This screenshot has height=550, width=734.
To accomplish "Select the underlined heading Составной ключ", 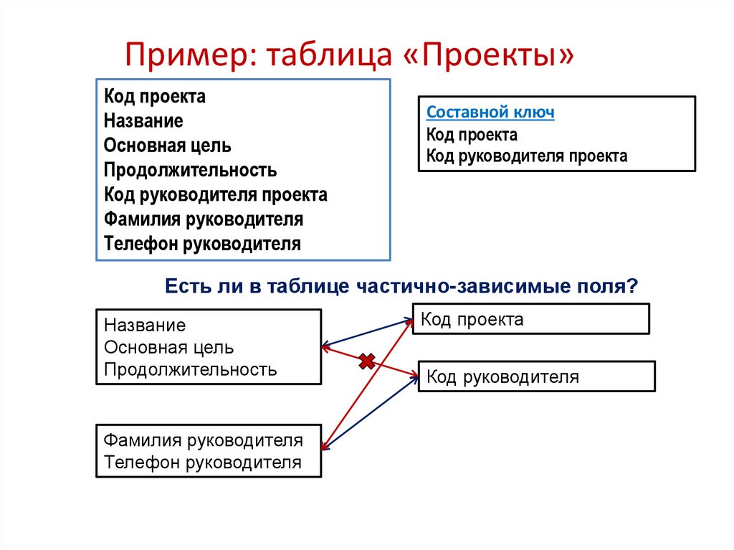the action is coord(490,113).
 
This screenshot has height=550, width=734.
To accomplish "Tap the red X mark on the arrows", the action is coord(367,361).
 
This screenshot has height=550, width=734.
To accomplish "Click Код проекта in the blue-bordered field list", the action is coord(154,97).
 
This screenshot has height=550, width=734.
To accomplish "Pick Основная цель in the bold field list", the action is coord(167,146).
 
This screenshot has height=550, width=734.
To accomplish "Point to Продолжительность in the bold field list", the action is coord(190,170).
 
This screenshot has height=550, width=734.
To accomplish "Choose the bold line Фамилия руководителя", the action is coord(203,219).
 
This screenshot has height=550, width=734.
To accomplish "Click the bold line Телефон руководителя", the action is coord(202,243).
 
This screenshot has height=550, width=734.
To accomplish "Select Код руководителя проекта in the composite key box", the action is coord(526,156).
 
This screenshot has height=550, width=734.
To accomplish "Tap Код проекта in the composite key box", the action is coord(472,135).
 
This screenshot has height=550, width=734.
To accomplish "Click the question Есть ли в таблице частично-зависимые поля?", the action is coord(401,286).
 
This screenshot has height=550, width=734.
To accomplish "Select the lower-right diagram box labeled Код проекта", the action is coord(530,319).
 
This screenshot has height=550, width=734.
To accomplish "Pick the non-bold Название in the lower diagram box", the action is coord(145,326).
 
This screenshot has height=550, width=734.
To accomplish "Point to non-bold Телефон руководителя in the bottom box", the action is coord(202,463).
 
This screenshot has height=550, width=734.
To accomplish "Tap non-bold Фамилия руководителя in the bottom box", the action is coord(203,440).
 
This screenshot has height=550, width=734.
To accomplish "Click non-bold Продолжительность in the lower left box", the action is coord(190,370).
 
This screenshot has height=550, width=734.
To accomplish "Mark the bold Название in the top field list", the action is coord(143,121).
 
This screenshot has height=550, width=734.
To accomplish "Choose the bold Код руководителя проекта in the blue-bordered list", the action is coord(215,194).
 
